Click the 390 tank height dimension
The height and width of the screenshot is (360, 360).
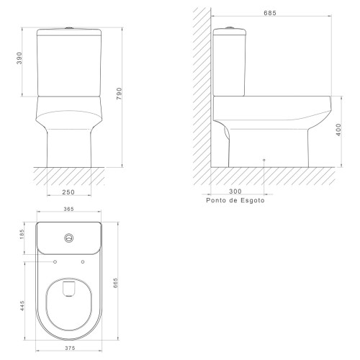coord(19,58)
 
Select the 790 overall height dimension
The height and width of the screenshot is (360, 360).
coord(119,94)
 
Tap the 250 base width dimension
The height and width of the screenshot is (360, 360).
coord(68,192)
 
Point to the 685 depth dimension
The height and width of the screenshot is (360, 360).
coord(270,13)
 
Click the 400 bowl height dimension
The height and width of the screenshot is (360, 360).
coord(338,130)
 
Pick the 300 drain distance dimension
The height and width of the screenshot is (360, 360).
coord(235,192)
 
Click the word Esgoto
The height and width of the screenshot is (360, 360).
coord(253,200)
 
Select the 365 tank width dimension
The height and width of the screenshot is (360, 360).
coord(68,209)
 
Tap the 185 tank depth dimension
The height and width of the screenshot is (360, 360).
coord(22,234)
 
